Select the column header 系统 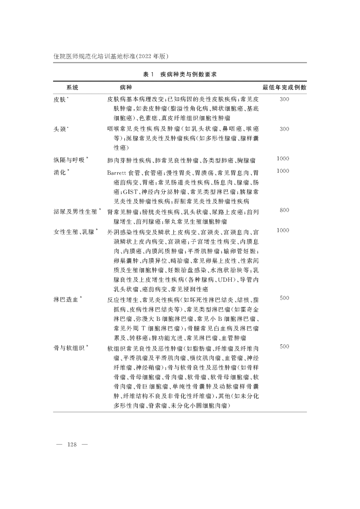[72, 87]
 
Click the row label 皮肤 [61, 99]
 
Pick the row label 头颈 [61, 129]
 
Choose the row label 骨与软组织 [72, 348]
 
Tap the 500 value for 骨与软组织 [284, 347]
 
